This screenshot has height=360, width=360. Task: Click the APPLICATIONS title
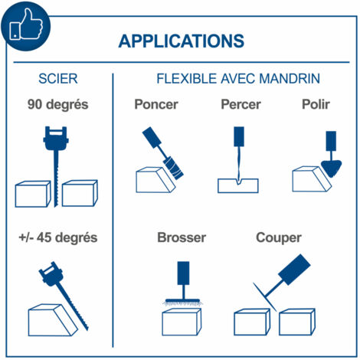[182, 41]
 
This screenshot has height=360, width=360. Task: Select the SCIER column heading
[58, 79]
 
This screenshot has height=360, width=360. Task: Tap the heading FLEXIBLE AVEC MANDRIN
[238, 78]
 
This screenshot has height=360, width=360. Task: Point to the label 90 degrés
[58, 105]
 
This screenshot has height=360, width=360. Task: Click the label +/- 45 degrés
[58, 237]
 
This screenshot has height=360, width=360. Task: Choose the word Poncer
[156, 104]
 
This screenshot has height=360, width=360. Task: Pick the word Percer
[241, 104]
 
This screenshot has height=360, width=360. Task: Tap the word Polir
[316, 104]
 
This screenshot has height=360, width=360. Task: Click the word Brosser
[182, 237]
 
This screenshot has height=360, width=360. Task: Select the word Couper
[279, 238]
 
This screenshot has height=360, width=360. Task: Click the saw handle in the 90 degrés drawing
[56, 138]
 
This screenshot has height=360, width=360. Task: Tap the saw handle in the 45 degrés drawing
[51, 273]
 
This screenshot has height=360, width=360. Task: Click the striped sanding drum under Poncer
[173, 168]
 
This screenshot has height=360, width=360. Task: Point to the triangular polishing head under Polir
[331, 169]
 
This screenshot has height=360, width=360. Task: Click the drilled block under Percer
[238, 185]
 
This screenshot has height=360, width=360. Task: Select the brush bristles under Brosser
[182, 303]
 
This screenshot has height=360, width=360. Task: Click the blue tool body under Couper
[294, 270]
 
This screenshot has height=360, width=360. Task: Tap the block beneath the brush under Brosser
[182, 322]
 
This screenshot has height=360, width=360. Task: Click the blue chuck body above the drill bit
[239, 136]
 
